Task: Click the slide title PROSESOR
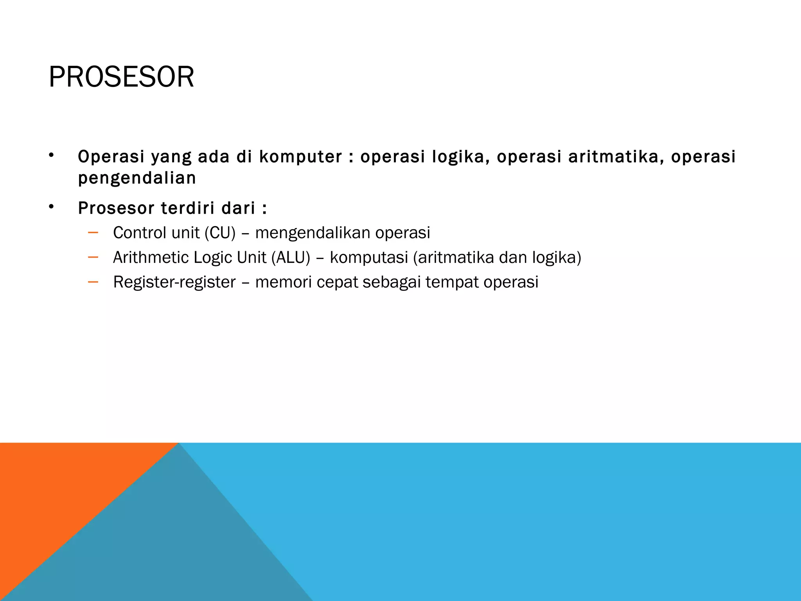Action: coord(121,77)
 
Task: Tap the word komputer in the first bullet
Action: coord(300,157)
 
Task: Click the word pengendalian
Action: coord(137,178)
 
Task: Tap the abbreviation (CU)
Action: coord(220,233)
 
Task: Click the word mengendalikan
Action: coord(312,233)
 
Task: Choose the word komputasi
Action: coord(368,258)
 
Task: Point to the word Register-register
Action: coord(174,282)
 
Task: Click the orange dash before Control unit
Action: coord(93,233)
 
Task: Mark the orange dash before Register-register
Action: coord(93,282)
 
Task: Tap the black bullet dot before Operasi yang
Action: coord(51,155)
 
